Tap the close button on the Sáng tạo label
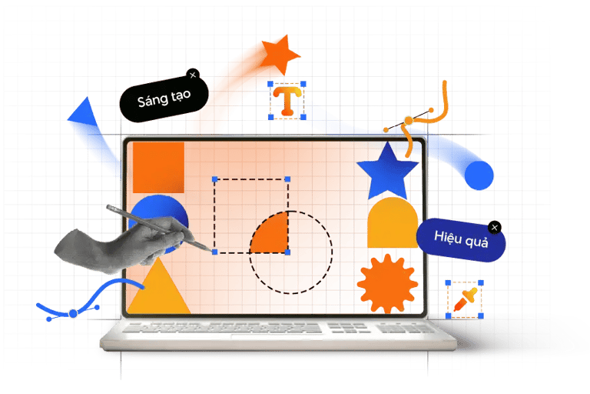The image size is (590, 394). [193, 74]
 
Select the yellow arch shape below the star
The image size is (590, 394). [392, 224]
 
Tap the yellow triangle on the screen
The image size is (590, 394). [157, 288]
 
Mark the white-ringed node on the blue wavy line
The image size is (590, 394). [73, 313]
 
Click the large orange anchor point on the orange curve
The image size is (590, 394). [409, 120]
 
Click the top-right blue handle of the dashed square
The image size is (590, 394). [288, 179]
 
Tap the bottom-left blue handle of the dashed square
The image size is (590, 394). [214, 252]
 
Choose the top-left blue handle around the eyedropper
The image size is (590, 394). [448, 283]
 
